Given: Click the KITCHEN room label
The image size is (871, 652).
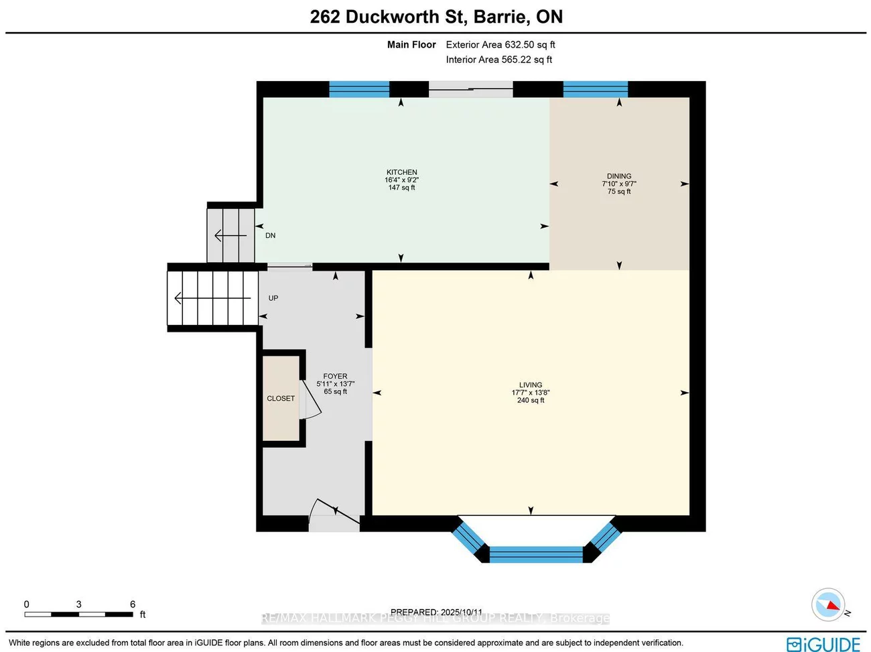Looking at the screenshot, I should (x=401, y=172).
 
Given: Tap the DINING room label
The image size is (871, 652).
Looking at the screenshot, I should (x=618, y=176).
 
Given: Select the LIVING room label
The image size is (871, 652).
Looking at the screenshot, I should (x=530, y=385).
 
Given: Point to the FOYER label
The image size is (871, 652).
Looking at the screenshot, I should (x=335, y=377).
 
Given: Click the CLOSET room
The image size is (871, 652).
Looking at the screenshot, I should (x=281, y=398).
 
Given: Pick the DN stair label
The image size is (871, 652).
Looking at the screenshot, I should (x=270, y=236).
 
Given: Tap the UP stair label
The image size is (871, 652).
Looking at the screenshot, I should (x=273, y=298).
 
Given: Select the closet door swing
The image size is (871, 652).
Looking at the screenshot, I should (x=311, y=406).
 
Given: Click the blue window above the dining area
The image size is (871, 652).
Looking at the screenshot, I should (x=595, y=89).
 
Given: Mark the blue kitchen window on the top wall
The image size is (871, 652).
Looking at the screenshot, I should (x=359, y=89).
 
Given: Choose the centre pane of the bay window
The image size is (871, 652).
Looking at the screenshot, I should (x=535, y=554).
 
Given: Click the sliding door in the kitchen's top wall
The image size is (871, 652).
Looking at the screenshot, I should (x=470, y=89).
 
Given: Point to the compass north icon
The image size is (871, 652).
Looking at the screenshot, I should (x=829, y=605).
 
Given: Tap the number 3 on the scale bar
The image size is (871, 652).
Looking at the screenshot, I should (x=78, y=604).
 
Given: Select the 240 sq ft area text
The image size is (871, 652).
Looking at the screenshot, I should (x=530, y=401).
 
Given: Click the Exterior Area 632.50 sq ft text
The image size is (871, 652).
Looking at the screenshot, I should (x=500, y=45).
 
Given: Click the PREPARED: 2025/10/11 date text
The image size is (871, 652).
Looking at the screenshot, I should (x=436, y=612).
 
